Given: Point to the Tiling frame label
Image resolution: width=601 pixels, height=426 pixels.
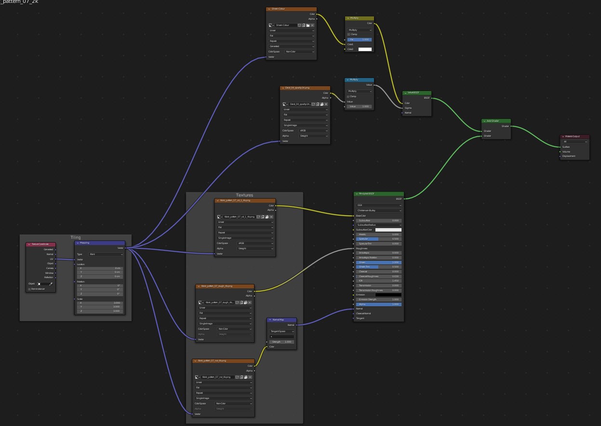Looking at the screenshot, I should pos(76,237).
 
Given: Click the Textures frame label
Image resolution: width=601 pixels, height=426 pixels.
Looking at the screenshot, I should pos(244,195).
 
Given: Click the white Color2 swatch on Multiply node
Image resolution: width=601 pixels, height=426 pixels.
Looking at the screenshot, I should pos(365,49).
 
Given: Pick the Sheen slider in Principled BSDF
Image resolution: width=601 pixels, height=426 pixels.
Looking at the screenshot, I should pos(379,262).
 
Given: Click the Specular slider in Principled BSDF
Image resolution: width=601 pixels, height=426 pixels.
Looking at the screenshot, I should pos(379,239).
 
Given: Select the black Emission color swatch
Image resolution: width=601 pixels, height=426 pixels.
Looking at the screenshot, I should pos(388,295).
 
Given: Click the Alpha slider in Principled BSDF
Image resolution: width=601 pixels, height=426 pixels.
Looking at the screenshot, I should pos(379,304).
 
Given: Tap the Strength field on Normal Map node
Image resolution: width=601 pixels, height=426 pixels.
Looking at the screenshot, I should pos(282,342).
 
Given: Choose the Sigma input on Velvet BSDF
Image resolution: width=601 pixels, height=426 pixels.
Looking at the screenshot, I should pos(408,108).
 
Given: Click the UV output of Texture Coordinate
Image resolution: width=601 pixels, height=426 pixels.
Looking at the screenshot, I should pos(52,259).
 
